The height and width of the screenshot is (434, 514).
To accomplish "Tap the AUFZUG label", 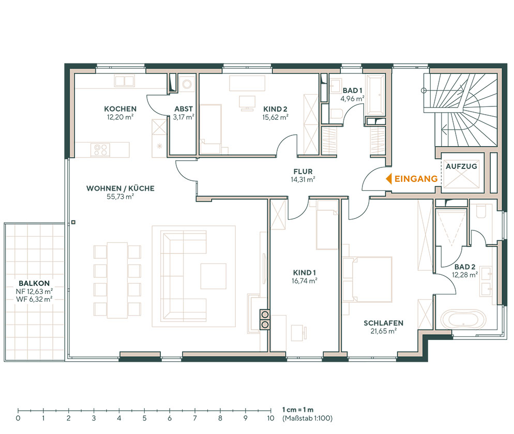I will (461, 166).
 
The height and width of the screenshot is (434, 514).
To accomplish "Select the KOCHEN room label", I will (120, 109).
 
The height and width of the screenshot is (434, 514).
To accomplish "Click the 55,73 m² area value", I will (120, 197).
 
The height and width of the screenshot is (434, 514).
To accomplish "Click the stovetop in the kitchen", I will (100, 150).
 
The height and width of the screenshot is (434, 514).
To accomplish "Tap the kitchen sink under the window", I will (124, 81).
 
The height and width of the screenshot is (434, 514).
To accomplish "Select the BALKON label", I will (34, 283).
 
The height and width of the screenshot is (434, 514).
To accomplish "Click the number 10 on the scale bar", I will (270, 418).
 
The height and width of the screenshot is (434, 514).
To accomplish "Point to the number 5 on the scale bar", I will (144, 418).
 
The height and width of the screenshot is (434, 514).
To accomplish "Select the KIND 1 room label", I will (304, 273).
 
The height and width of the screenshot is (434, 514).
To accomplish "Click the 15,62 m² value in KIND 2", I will (275, 117).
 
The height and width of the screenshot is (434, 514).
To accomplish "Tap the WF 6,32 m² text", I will (34, 299).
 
